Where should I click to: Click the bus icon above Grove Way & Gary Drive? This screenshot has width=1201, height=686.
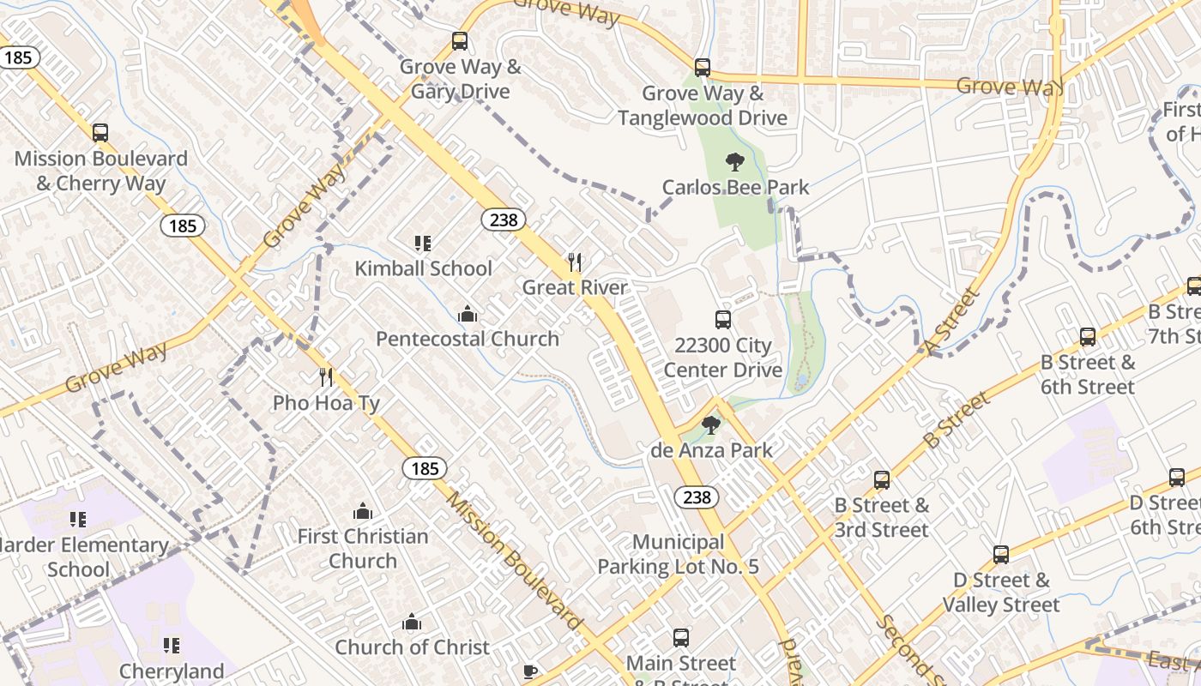click(460, 41)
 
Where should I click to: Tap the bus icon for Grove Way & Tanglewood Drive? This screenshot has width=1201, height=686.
click(703, 68)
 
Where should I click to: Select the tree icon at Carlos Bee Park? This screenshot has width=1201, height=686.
click(734, 161)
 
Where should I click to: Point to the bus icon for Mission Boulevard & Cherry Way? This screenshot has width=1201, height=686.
click(100, 133)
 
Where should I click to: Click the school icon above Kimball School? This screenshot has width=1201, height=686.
click(422, 244)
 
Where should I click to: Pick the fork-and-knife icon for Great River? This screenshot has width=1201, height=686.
click(575, 262)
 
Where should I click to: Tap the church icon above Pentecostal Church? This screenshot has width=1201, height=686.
click(468, 314)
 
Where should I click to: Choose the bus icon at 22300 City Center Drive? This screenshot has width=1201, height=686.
click(723, 320)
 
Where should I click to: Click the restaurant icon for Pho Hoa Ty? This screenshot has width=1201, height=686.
click(326, 377)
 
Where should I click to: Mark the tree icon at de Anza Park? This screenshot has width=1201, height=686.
click(710, 425)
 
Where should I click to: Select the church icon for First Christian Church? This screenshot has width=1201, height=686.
click(363, 511)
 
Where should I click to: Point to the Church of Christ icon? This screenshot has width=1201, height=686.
click(412, 622)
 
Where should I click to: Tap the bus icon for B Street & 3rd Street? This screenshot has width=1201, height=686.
click(882, 480)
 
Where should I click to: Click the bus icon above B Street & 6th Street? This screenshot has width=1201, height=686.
click(1088, 337)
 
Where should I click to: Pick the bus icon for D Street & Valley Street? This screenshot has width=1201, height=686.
click(1001, 555)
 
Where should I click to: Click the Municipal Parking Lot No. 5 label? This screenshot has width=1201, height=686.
click(678, 554)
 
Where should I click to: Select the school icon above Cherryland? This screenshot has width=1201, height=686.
click(172, 646)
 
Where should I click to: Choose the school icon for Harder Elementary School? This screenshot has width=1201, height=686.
click(78, 520)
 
